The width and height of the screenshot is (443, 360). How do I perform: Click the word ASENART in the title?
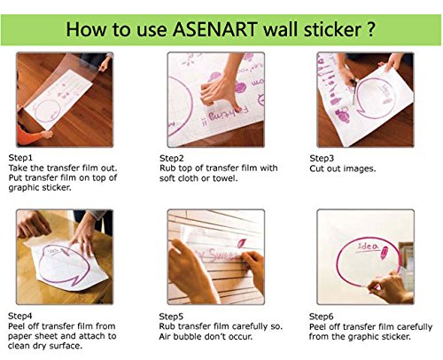[214, 29]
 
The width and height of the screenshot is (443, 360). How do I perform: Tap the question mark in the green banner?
[371, 29]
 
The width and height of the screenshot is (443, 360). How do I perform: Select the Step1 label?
[20, 158]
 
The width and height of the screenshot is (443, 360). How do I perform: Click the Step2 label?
[171, 159]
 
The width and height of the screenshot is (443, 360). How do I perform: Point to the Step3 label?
[322, 159]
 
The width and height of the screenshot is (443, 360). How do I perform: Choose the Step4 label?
[19, 316]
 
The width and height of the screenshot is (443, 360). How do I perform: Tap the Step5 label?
[171, 317]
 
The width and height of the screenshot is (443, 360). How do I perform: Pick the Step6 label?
[321, 317]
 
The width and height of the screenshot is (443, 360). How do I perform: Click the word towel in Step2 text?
[227, 178]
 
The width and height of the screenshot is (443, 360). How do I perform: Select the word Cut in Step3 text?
[317, 168]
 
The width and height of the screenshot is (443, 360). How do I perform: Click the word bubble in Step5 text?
[190, 336]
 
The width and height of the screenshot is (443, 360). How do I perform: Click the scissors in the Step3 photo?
[354, 90]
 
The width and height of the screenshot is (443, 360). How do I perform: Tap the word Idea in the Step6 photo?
[368, 247]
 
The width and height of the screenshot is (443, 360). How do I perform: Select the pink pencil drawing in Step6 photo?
[385, 253]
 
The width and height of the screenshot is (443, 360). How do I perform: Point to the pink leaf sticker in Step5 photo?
[242, 243]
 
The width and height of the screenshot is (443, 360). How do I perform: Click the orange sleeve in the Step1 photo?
[29, 136]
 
